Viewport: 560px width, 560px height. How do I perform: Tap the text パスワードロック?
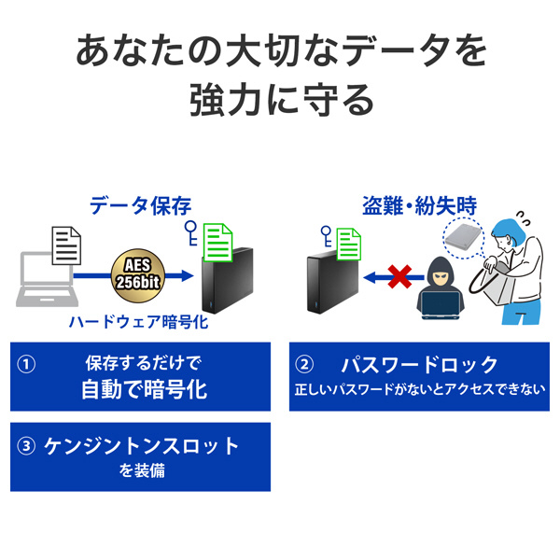pos(419,364)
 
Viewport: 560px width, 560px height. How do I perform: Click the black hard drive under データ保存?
pos(223,280)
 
